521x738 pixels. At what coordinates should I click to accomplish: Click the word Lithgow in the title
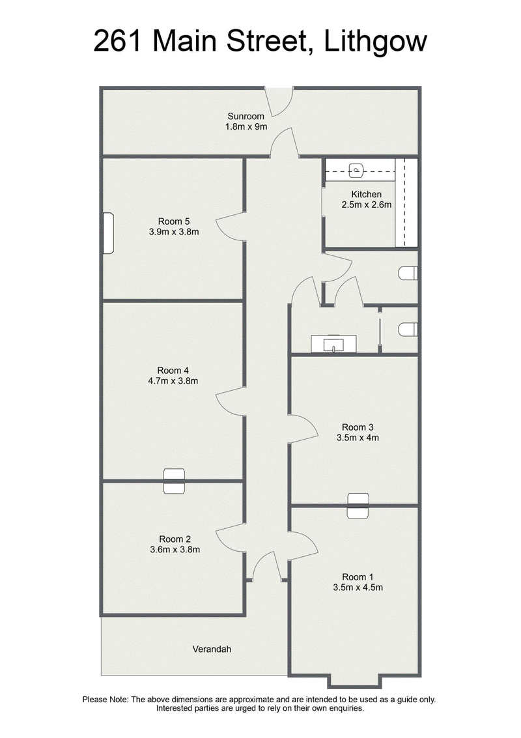click(376, 42)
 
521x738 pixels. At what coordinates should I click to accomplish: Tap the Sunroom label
click(246, 116)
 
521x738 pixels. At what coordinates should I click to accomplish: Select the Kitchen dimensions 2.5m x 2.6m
click(367, 205)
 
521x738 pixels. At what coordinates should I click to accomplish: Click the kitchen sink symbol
click(358, 170)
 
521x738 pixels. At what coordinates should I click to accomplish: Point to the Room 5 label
click(174, 221)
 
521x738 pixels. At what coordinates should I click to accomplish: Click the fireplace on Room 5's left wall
click(109, 233)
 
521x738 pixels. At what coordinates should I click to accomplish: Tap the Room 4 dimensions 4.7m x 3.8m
click(173, 381)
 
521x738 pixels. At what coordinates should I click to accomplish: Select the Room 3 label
click(358, 427)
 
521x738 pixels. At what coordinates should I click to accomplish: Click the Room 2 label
click(175, 539)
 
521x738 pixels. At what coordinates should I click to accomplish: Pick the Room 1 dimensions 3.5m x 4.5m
click(358, 587)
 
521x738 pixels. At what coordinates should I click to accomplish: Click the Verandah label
click(212, 649)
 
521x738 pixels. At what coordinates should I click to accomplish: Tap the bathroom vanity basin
click(333, 343)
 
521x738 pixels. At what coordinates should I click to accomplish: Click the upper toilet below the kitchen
click(408, 273)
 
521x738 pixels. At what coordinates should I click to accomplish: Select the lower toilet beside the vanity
click(408, 330)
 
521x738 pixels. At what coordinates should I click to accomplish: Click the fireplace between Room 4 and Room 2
click(174, 481)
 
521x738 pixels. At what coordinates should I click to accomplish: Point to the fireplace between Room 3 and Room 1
click(358, 506)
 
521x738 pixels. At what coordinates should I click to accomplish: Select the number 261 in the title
click(118, 42)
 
